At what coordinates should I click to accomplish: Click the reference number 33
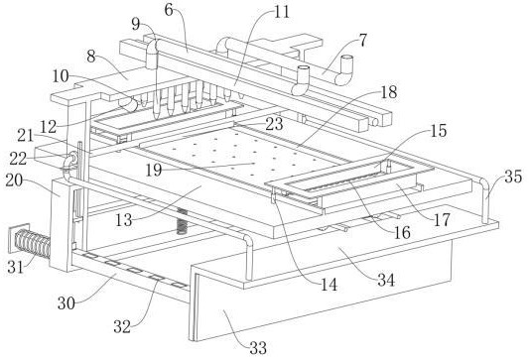coord(258,347)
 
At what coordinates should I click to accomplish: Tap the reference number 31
coord(16,268)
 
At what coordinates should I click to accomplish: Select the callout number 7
coord(362,41)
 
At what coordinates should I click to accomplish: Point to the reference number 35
coord(513,177)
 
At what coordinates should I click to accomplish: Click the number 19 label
coord(154,171)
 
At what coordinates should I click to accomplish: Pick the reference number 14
coord(329,285)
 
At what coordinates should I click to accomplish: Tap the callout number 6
coord(169,10)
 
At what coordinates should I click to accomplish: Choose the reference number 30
coord(66,303)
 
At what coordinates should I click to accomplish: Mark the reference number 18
coord(389,92)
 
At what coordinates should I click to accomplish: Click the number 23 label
coord(274,124)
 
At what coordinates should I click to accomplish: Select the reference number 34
coord(386,280)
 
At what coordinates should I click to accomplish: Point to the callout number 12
coord(49,127)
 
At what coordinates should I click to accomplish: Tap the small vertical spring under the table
coord(182,221)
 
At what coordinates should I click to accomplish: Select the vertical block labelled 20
coord(62,225)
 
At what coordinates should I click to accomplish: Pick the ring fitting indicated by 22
coord(71,158)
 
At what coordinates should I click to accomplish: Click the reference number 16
coord(402,232)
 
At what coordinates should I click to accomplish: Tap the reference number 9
coord(136,24)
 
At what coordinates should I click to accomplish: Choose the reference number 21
coord(26,136)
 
